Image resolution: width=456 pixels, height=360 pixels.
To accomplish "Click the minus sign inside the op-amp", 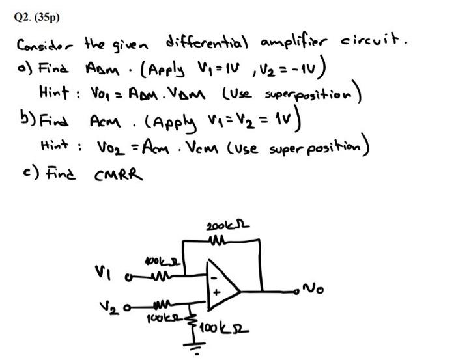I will click(214, 275).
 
